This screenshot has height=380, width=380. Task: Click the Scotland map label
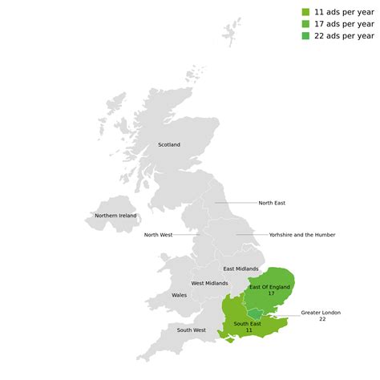click(169, 145)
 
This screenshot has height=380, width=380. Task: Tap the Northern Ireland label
click(115, 216)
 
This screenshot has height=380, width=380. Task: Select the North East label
click(272, 203)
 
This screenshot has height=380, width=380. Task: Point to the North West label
click(158, 235)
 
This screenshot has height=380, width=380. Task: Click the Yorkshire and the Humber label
click(302, 235)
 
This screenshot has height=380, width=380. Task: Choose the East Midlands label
click(241, 269)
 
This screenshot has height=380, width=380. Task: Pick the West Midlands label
click(209, 283)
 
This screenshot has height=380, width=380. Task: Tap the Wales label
click(180, 295)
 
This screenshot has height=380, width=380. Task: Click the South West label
click(192, 330)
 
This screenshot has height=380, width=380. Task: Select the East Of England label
click(269, 287)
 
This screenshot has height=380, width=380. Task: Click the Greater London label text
click(321, 312)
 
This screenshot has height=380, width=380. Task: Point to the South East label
click(249, 323)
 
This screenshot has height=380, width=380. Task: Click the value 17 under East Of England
click(271, 294)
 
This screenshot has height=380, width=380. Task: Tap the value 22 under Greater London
click(322, 319)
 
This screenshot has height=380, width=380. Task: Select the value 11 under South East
click(249, 330)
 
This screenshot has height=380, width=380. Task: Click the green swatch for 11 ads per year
click(305, 12)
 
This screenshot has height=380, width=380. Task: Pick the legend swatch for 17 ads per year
click(305, 24)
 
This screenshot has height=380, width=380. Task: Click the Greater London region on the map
click(255, 313)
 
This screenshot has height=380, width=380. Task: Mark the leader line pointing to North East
click(236, 203)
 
